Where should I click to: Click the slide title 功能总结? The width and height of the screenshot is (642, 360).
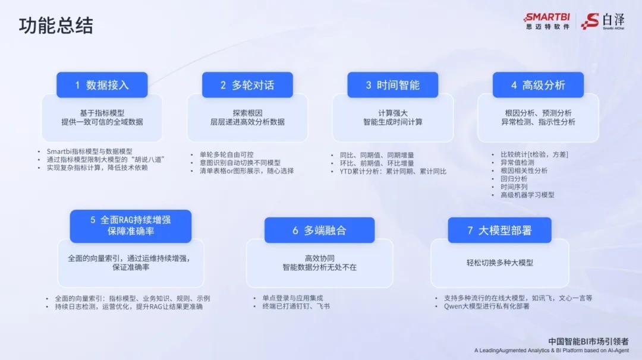[x=56, y=26]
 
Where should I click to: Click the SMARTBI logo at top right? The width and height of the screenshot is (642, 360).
[x=546, y=21]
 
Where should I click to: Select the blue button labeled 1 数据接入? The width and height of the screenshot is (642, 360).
[x=102, y=85]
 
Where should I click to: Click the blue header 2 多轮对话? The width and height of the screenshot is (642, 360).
[x=247, y=85]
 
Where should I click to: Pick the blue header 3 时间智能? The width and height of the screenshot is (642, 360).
[x=392, y=85]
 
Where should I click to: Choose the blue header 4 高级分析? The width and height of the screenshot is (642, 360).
[x=538, y=85]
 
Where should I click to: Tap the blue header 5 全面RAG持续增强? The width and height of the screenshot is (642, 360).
[x=130, y=226]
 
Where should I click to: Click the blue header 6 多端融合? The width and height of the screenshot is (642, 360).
[x=319, y=230]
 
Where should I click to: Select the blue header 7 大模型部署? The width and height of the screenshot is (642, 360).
[x=499, y=230]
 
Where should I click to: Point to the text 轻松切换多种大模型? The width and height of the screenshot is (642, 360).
[x=499, y=263]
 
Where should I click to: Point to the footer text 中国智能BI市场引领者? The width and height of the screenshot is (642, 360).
[x=587, y=342]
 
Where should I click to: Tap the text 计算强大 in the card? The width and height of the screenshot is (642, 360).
[x=392, y=113]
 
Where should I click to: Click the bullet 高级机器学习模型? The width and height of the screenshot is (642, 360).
[x=527, y=194]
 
